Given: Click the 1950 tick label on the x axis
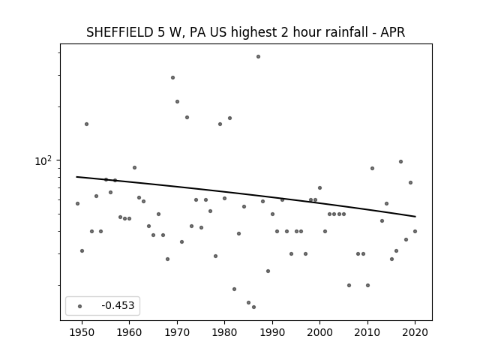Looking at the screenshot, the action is [82, 332].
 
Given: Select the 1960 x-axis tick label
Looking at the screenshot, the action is [129, 332].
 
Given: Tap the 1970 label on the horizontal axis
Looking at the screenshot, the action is [177, 332].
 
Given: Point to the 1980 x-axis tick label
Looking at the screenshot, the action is [224, 332].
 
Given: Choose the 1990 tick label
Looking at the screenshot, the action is [272, 332].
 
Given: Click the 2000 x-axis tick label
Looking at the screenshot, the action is [319, 332].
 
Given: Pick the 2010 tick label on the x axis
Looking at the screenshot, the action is [367, 332].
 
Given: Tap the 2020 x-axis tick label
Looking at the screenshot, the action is [415, 332].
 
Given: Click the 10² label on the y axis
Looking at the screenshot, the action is [43, 160].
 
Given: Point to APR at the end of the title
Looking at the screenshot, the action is [393, 32].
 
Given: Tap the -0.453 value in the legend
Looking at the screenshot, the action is [118, 305].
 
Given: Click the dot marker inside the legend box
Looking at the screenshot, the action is [80, 306].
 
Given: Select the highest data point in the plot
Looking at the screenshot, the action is [258, 57].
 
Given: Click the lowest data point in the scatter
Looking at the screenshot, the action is [253, 307].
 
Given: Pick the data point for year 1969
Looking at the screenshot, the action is [172, 78].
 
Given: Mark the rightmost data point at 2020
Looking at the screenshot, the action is [415, 232].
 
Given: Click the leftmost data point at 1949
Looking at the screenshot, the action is [77, 203].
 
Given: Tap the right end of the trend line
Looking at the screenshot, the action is [415, 217].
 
